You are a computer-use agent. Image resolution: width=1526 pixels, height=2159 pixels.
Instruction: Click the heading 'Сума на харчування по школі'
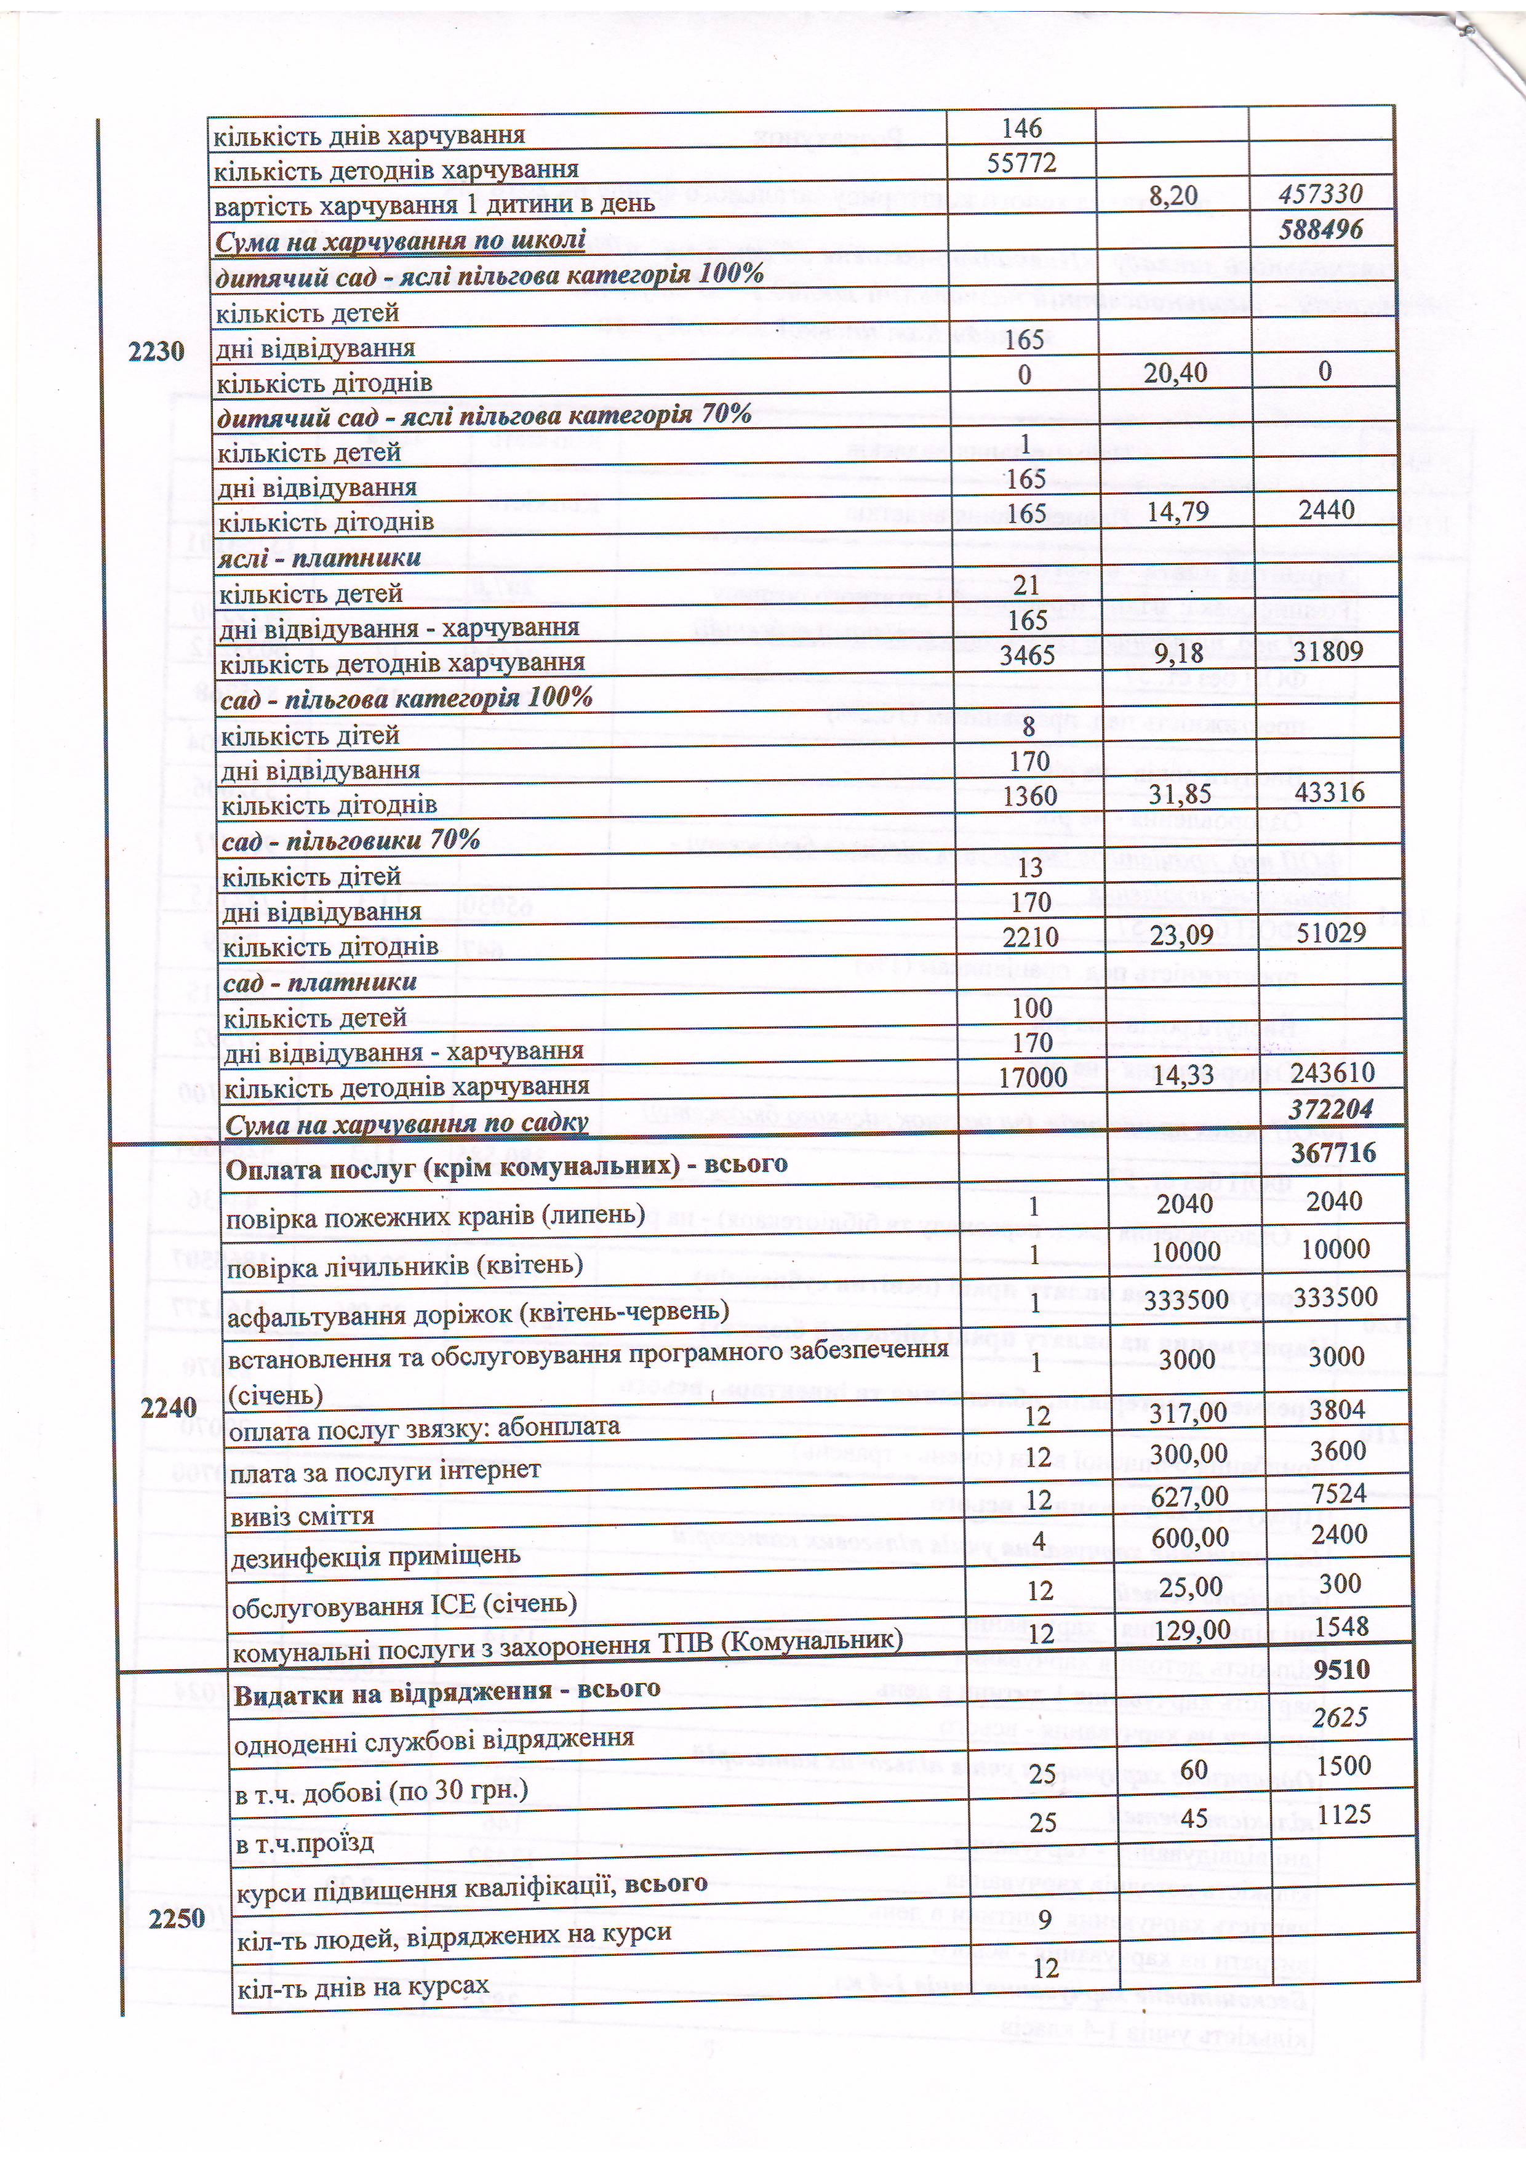coord(401,241)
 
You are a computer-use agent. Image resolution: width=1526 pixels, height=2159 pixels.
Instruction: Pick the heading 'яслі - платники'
coord(320,558)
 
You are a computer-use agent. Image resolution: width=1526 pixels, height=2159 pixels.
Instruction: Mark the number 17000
coord(1031,1076)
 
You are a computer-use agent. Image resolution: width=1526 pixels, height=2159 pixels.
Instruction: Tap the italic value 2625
coord(1341,1717)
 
